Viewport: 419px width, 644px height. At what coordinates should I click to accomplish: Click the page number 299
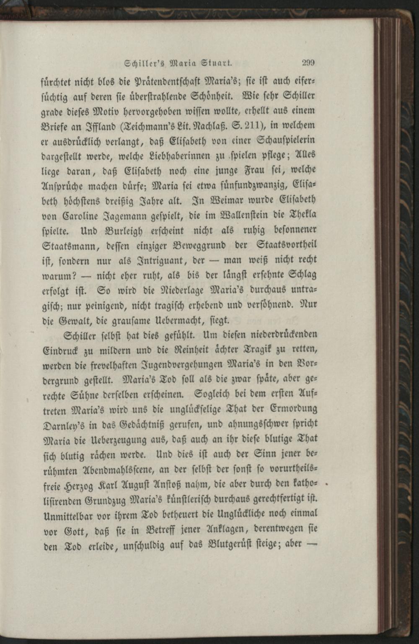308,63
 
